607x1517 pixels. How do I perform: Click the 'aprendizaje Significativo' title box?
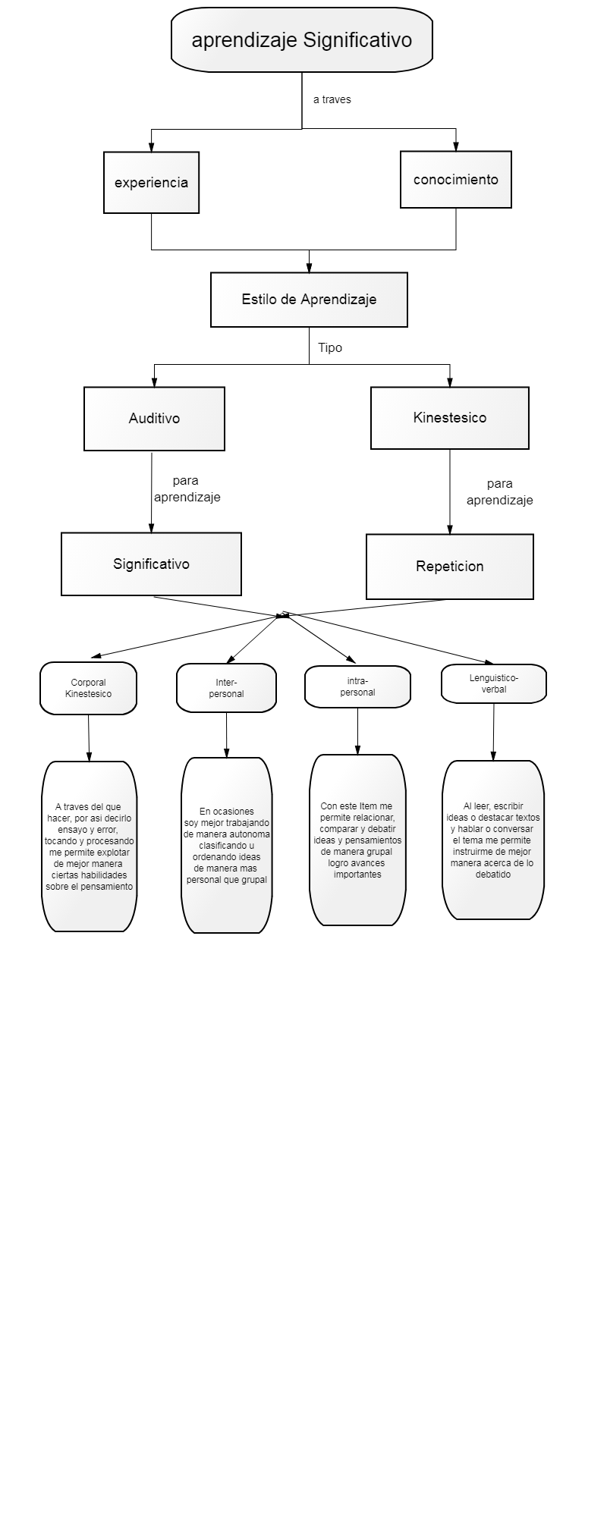302,39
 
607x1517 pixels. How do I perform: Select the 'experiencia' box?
151,183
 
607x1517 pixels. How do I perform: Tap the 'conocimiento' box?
456,180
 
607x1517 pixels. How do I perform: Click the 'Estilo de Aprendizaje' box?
309,300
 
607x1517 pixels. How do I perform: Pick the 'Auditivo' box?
154,419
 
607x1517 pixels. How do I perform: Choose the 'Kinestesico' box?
450,418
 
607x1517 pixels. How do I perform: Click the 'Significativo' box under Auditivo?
151,564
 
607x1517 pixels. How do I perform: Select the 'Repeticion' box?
450,567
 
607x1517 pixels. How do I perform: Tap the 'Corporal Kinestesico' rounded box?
88,689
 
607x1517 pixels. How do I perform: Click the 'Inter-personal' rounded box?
226,689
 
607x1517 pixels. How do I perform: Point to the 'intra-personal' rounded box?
357,687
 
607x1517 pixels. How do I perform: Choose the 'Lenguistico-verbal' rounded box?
494,683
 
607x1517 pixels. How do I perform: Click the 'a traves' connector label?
332,99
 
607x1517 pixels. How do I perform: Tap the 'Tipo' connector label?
330,348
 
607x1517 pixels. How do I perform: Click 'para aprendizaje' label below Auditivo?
187,489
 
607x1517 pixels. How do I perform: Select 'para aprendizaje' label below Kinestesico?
500,492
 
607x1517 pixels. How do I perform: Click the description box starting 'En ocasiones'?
227,846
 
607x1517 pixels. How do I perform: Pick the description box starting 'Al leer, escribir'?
493,840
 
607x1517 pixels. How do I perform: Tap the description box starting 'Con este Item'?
357,840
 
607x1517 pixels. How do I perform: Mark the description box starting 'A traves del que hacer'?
90,846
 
